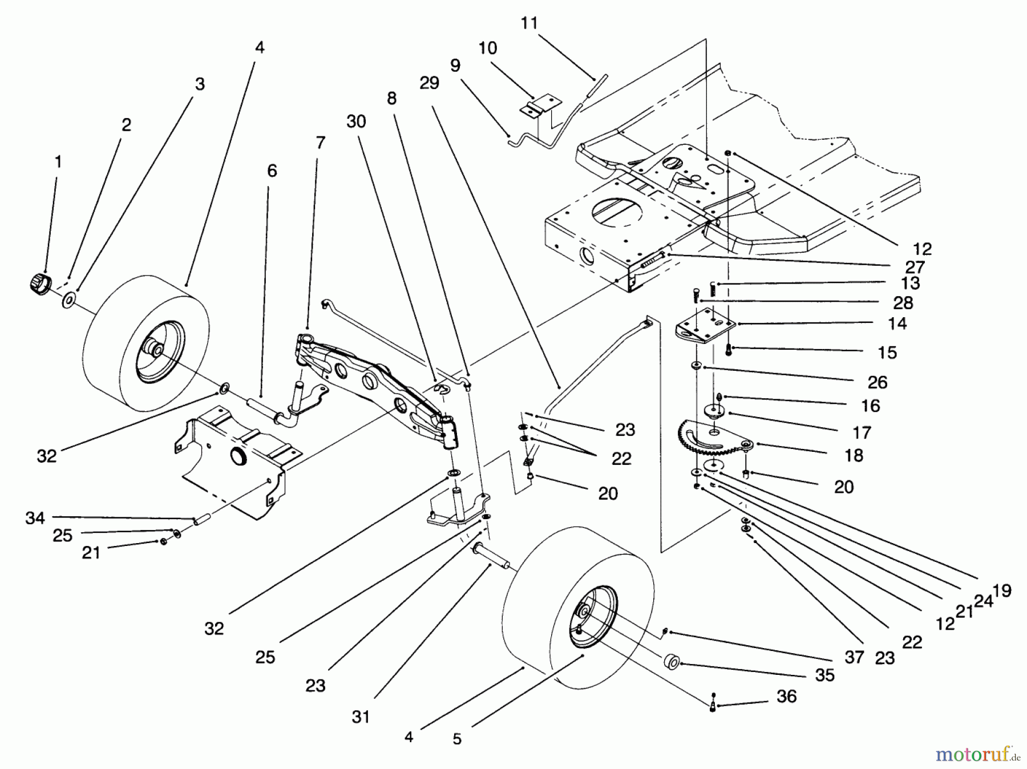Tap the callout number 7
[320, 143]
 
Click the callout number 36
[786, 696]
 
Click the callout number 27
[915, 266]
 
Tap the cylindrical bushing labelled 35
[672, 663]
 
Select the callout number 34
[35, 518]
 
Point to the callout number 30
[356, 122]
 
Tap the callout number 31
[361, 717]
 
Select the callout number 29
[429, 83]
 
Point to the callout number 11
[529, 23]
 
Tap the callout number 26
[877, 382]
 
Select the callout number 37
[854, 657]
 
